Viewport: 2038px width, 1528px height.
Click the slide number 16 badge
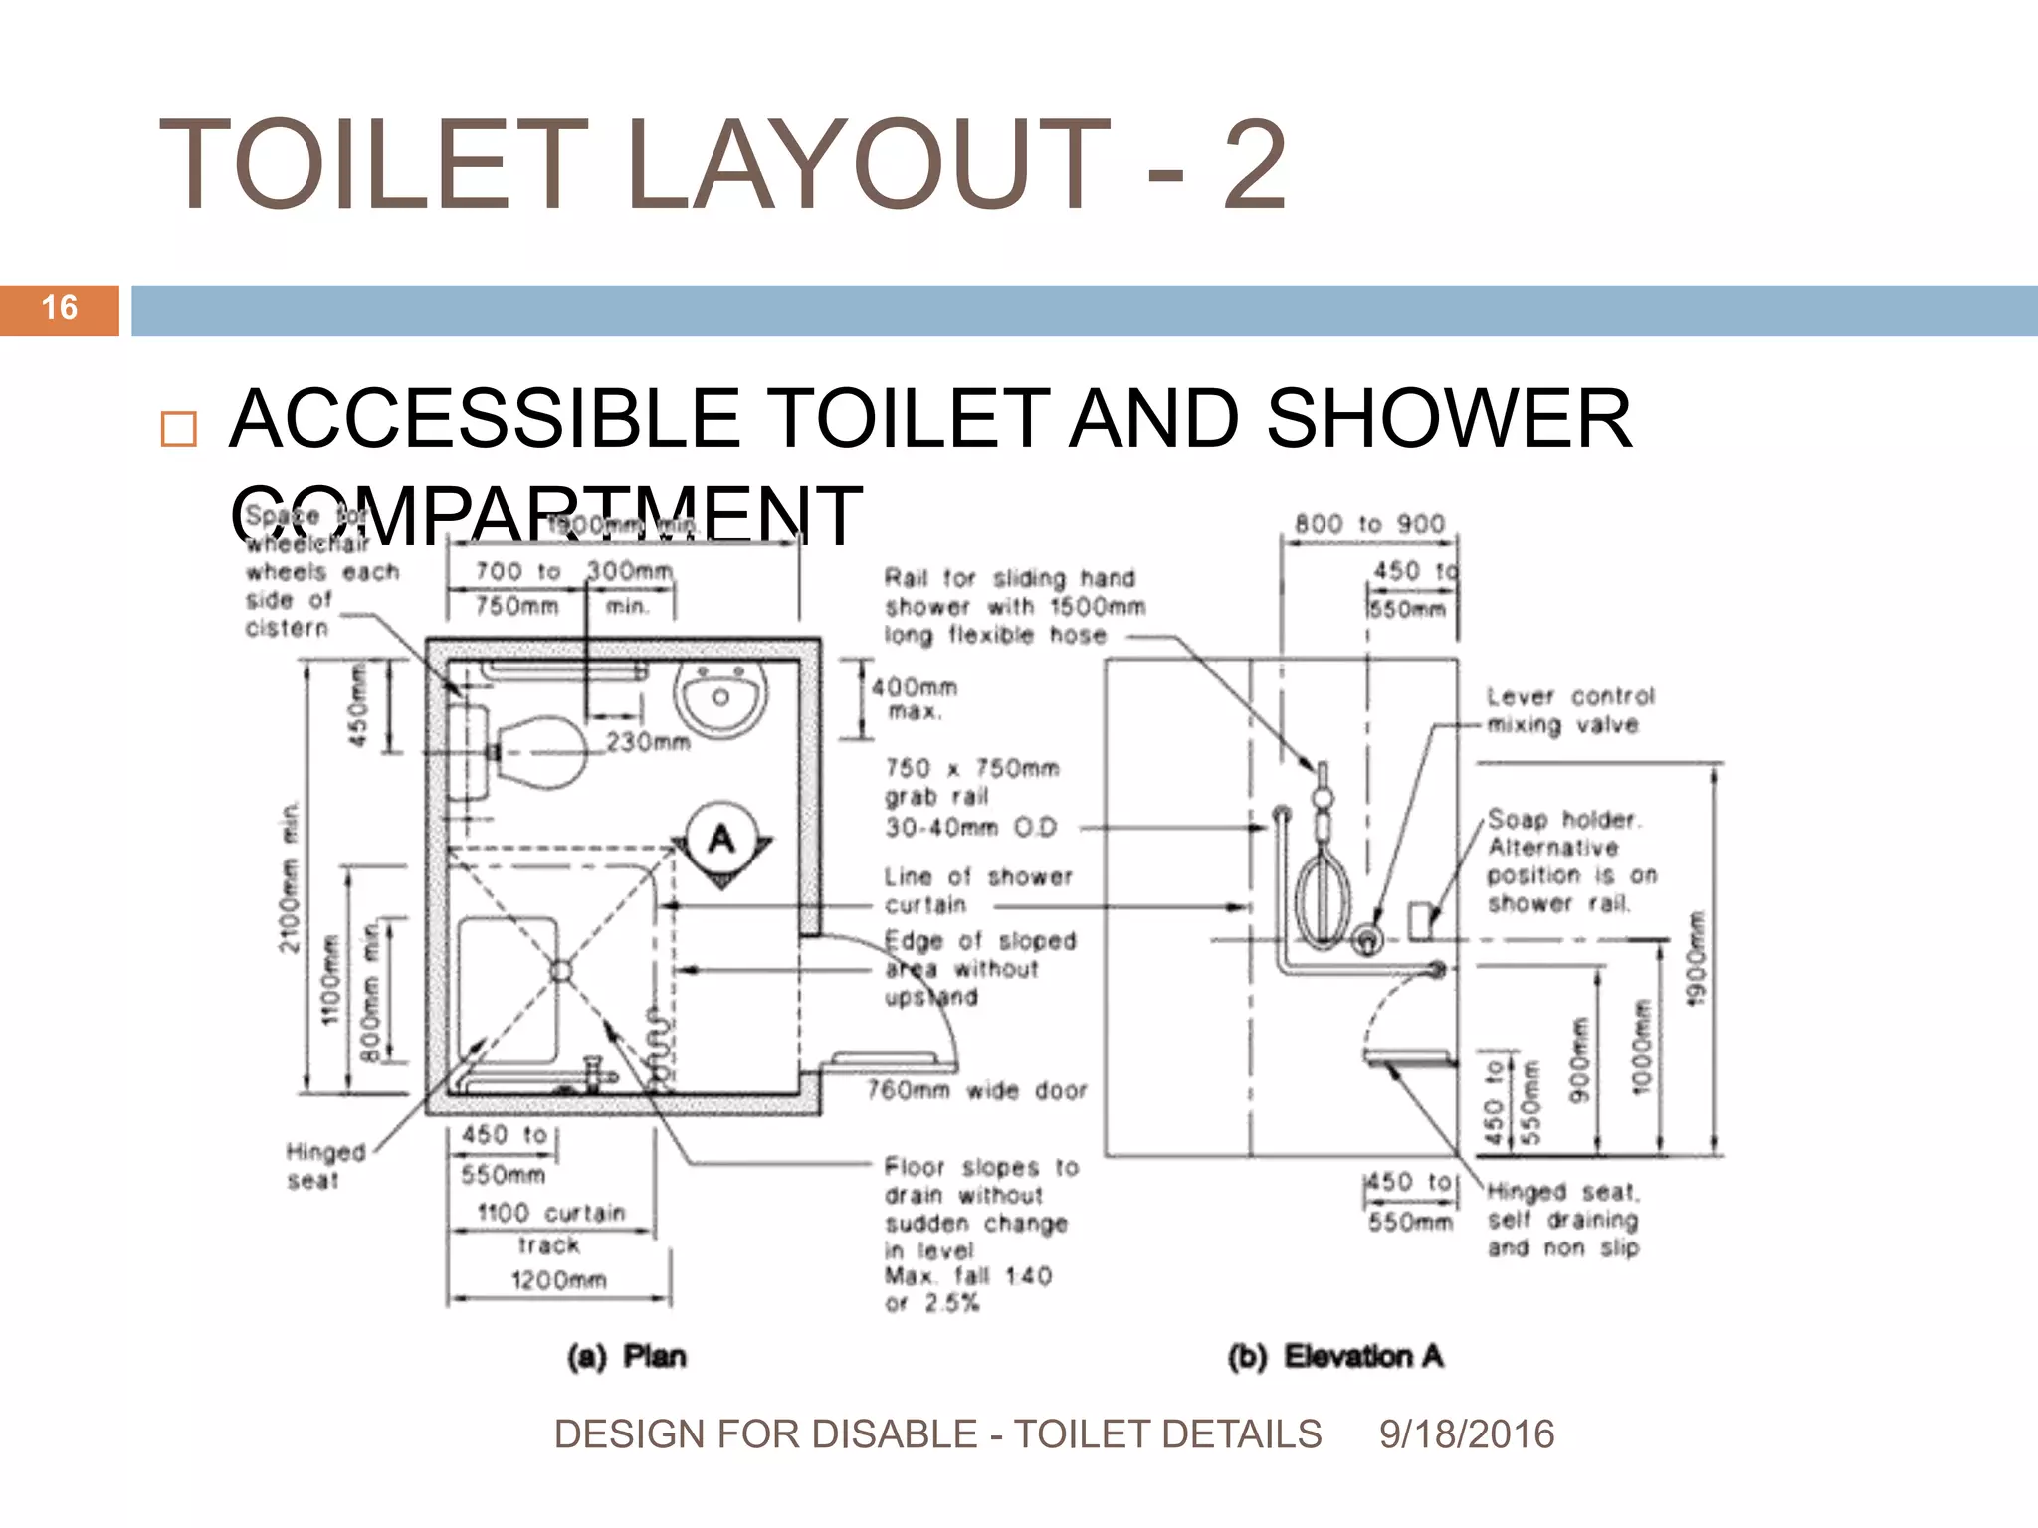click(x=60, y=309)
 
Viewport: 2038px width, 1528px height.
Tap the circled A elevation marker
click(x=722, y=841)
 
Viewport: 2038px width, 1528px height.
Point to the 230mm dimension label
click(x=648, y=742)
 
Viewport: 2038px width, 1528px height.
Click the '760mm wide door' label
click(x=976, y=1091)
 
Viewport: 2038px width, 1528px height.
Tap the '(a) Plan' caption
click(x=627, y=1356)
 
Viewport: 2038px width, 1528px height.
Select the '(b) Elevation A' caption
click(x=1335, y=1356)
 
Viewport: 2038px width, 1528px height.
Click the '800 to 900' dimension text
click(x=1369, y=524)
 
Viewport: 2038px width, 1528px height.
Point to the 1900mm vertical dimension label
click(x=1697, y=959)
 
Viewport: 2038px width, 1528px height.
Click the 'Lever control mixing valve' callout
click(x=1569, y=710)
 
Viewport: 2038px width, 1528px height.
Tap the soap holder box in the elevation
click(x=1420, y=920)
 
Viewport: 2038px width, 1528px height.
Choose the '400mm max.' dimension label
click(x=914, y=698)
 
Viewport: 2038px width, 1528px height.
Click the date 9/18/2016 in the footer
click(x=1467, y=1434)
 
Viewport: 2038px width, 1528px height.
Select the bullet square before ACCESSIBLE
click(x=179, y=429)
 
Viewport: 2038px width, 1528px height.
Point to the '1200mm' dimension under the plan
click(x=558, y=1280)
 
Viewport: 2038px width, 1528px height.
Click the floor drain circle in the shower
click(x=560, y=970)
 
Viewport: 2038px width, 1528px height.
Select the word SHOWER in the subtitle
click(x=1449, y=418)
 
